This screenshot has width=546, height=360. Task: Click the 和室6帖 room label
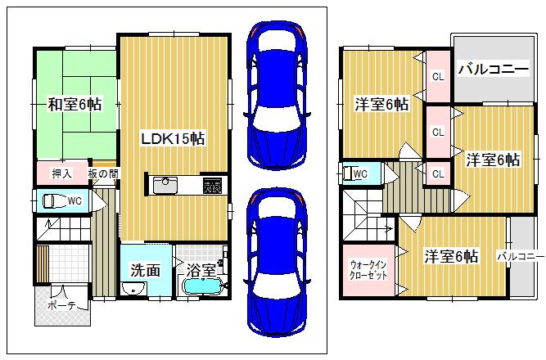coord(74,104)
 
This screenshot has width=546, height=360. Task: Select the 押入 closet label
coord(62,173)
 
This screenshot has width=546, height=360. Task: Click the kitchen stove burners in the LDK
coord(213,186)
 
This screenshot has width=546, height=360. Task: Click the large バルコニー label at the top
coord(492,69)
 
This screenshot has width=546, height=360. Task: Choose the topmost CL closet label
coord(438,77)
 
